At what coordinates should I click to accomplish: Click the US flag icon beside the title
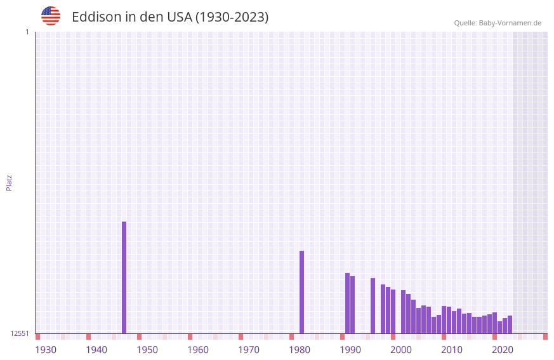51,16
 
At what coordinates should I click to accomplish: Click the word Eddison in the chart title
96,17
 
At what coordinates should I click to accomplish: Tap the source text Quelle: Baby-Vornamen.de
498,23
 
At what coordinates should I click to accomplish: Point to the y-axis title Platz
9,182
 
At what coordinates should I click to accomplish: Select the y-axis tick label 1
27,32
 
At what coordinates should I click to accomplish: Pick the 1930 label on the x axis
46,350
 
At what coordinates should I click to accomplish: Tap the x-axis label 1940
96,350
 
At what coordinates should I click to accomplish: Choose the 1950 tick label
147,350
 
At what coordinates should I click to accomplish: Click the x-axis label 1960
198,350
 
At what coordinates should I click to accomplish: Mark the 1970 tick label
249,350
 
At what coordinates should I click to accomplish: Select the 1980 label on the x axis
300,350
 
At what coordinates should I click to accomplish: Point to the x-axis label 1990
350,350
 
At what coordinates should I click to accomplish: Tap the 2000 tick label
401,350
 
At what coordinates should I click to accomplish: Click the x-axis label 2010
452,350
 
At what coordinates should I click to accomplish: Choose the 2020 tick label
503,350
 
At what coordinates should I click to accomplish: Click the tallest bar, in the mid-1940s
124,277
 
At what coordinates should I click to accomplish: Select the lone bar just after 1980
301,292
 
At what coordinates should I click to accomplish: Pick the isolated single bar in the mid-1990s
373,305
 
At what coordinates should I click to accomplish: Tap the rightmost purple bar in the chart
510,324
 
